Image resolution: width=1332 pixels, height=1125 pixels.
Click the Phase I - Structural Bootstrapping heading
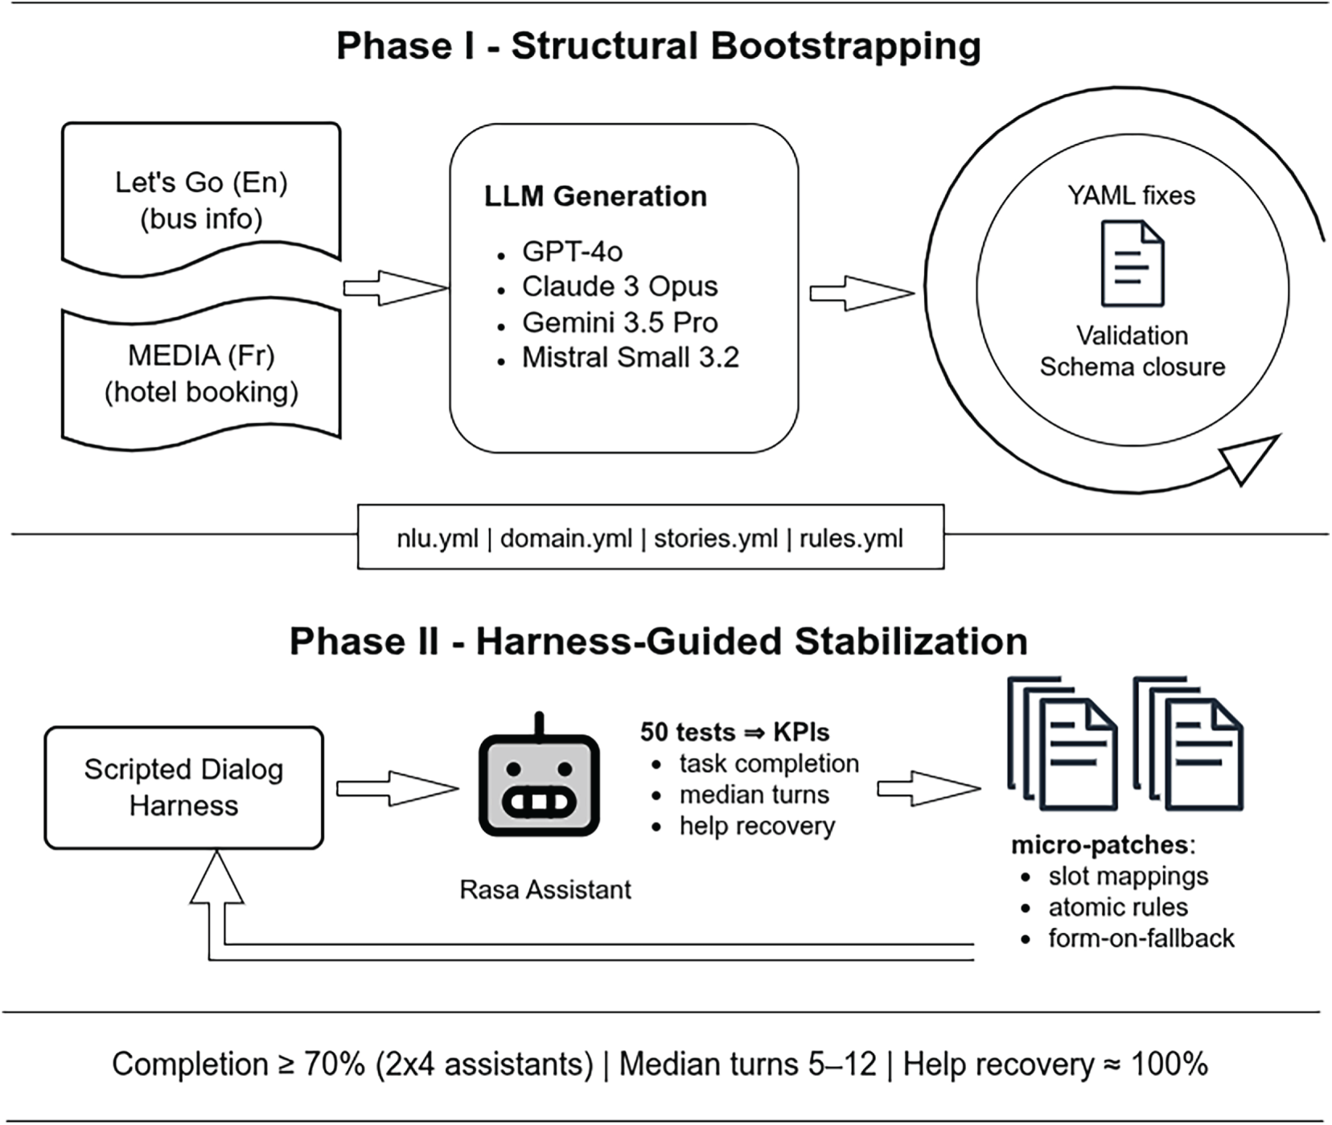click(x=658, y=45)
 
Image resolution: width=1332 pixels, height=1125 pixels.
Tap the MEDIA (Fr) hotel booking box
click(x=201, y=374)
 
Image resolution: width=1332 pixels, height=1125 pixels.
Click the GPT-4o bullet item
click(x=572, y=252)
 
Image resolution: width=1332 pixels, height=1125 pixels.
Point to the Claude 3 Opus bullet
click(x=619, y=286)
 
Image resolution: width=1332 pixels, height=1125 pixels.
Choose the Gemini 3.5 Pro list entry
click(x=619, y=322)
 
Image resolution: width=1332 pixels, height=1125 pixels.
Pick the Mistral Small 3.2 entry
click(x=630, y=357)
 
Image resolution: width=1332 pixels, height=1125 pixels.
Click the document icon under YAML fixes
click(x=1132, y=263)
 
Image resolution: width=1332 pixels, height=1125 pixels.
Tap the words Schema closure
click(x=1132, y=367)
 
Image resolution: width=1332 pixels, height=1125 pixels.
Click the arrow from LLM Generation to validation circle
click(x=861, y=293)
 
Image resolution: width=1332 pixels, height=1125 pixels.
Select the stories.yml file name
click(x=715, y=538)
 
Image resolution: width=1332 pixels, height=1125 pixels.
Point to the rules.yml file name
click(x=851, y=538)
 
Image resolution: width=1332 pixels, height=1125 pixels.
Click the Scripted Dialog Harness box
click(x=183, y=787)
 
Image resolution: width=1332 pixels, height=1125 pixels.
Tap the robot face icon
click(x=539, y=784)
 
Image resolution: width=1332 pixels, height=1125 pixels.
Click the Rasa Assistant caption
click(x=545, y=889)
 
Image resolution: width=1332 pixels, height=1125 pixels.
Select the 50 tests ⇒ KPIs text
click(x=734, y=732)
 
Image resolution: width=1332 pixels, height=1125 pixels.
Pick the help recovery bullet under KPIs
click(x=757, y=826)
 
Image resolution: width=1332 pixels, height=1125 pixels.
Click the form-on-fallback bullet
click(x=1141, y=938)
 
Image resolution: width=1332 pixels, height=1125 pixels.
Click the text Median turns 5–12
click(x=747, y=1064)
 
